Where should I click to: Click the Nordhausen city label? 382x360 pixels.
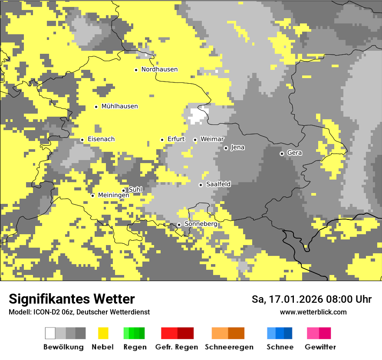tap(159, 69)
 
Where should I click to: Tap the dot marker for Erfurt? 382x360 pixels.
tap(162, 140)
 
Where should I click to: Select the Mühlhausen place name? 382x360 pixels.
tap(119, 106)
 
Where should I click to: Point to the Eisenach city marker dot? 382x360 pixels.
tap(82, 140)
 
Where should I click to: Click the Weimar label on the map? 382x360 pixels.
tap(212, 139)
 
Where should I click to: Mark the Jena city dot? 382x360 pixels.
tap(226, 148)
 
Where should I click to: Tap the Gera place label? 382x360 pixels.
tap(294, 153)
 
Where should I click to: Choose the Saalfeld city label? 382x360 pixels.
tap(218, 184)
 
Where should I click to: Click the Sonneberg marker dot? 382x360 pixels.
tap(179, 225)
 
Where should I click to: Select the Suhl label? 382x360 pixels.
tap(135, 190)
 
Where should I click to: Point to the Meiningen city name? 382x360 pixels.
tap(114, 196)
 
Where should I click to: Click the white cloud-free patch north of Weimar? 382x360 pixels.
tap(198, 115)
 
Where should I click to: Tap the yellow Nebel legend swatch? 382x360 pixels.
tap(103, 333)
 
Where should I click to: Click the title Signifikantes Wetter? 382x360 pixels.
tap(72, 299)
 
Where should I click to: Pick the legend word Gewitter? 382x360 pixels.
tap(320, 347)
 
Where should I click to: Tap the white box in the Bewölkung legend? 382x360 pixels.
tap(50, 333)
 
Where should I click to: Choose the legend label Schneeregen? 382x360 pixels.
tap(229, 347)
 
